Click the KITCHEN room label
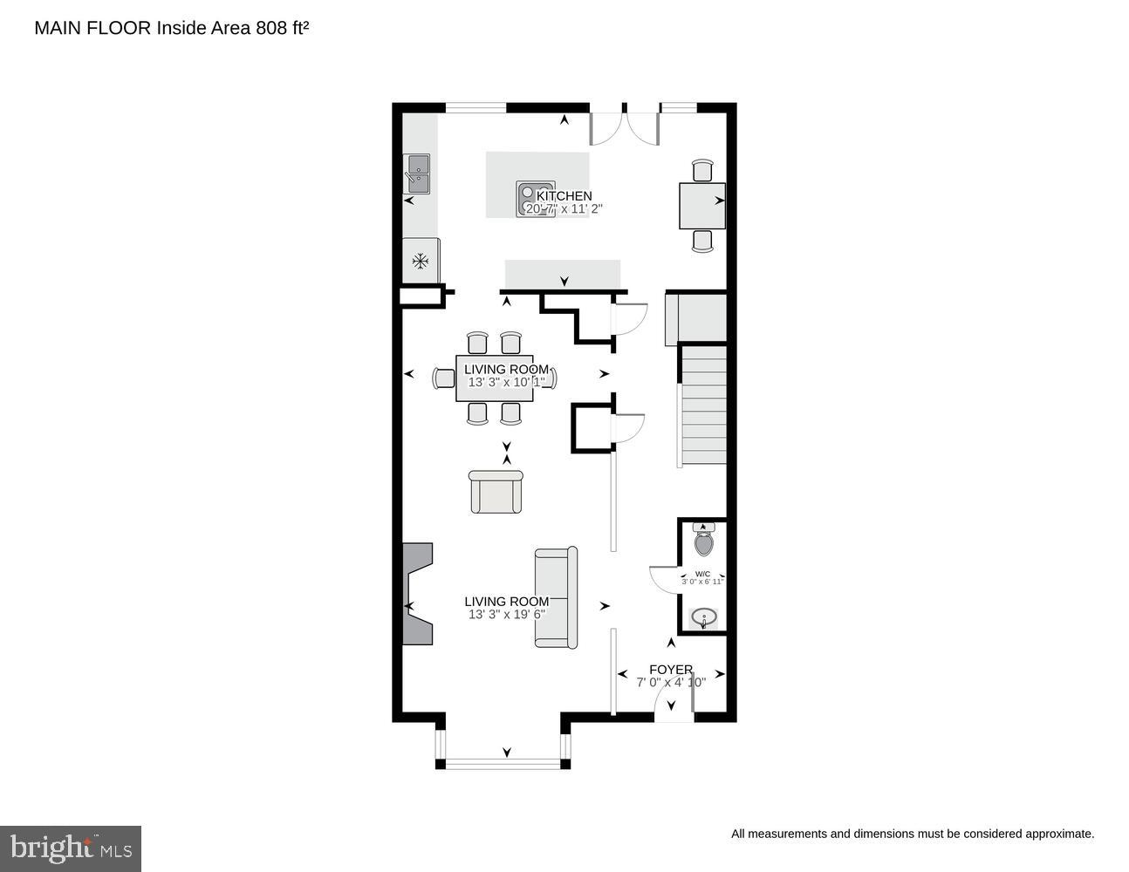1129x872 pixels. pos(564,196)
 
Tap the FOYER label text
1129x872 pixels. pos(671,670)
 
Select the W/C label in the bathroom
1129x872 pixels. pos(702,574)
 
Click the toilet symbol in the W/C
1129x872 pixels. pos(703,542)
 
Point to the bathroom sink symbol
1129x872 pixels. pos(703,619)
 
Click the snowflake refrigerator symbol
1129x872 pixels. pos(421,260)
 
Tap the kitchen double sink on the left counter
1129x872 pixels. pos(417,174)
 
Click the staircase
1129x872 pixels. pos(703,405)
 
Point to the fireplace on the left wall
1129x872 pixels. pos(416,594)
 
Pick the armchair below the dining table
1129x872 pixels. pos(496,493)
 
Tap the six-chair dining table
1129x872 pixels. pos(495,378)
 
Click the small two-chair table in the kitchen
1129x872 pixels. pos(702,206)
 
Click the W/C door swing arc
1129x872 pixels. pos(664,580)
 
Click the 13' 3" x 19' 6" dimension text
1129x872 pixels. pos(507,615)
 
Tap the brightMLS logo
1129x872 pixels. pos(71,848)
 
